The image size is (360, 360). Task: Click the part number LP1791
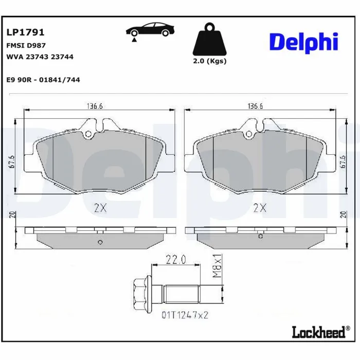point(25,32)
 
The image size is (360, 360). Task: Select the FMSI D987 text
point(26,45)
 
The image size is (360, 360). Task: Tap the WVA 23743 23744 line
point(40,57)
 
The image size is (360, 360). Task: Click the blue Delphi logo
point(303,43)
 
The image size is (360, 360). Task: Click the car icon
point(150,31)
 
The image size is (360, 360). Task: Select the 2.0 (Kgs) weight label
point(210,61)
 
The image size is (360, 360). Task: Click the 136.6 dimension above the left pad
point(95,106)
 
